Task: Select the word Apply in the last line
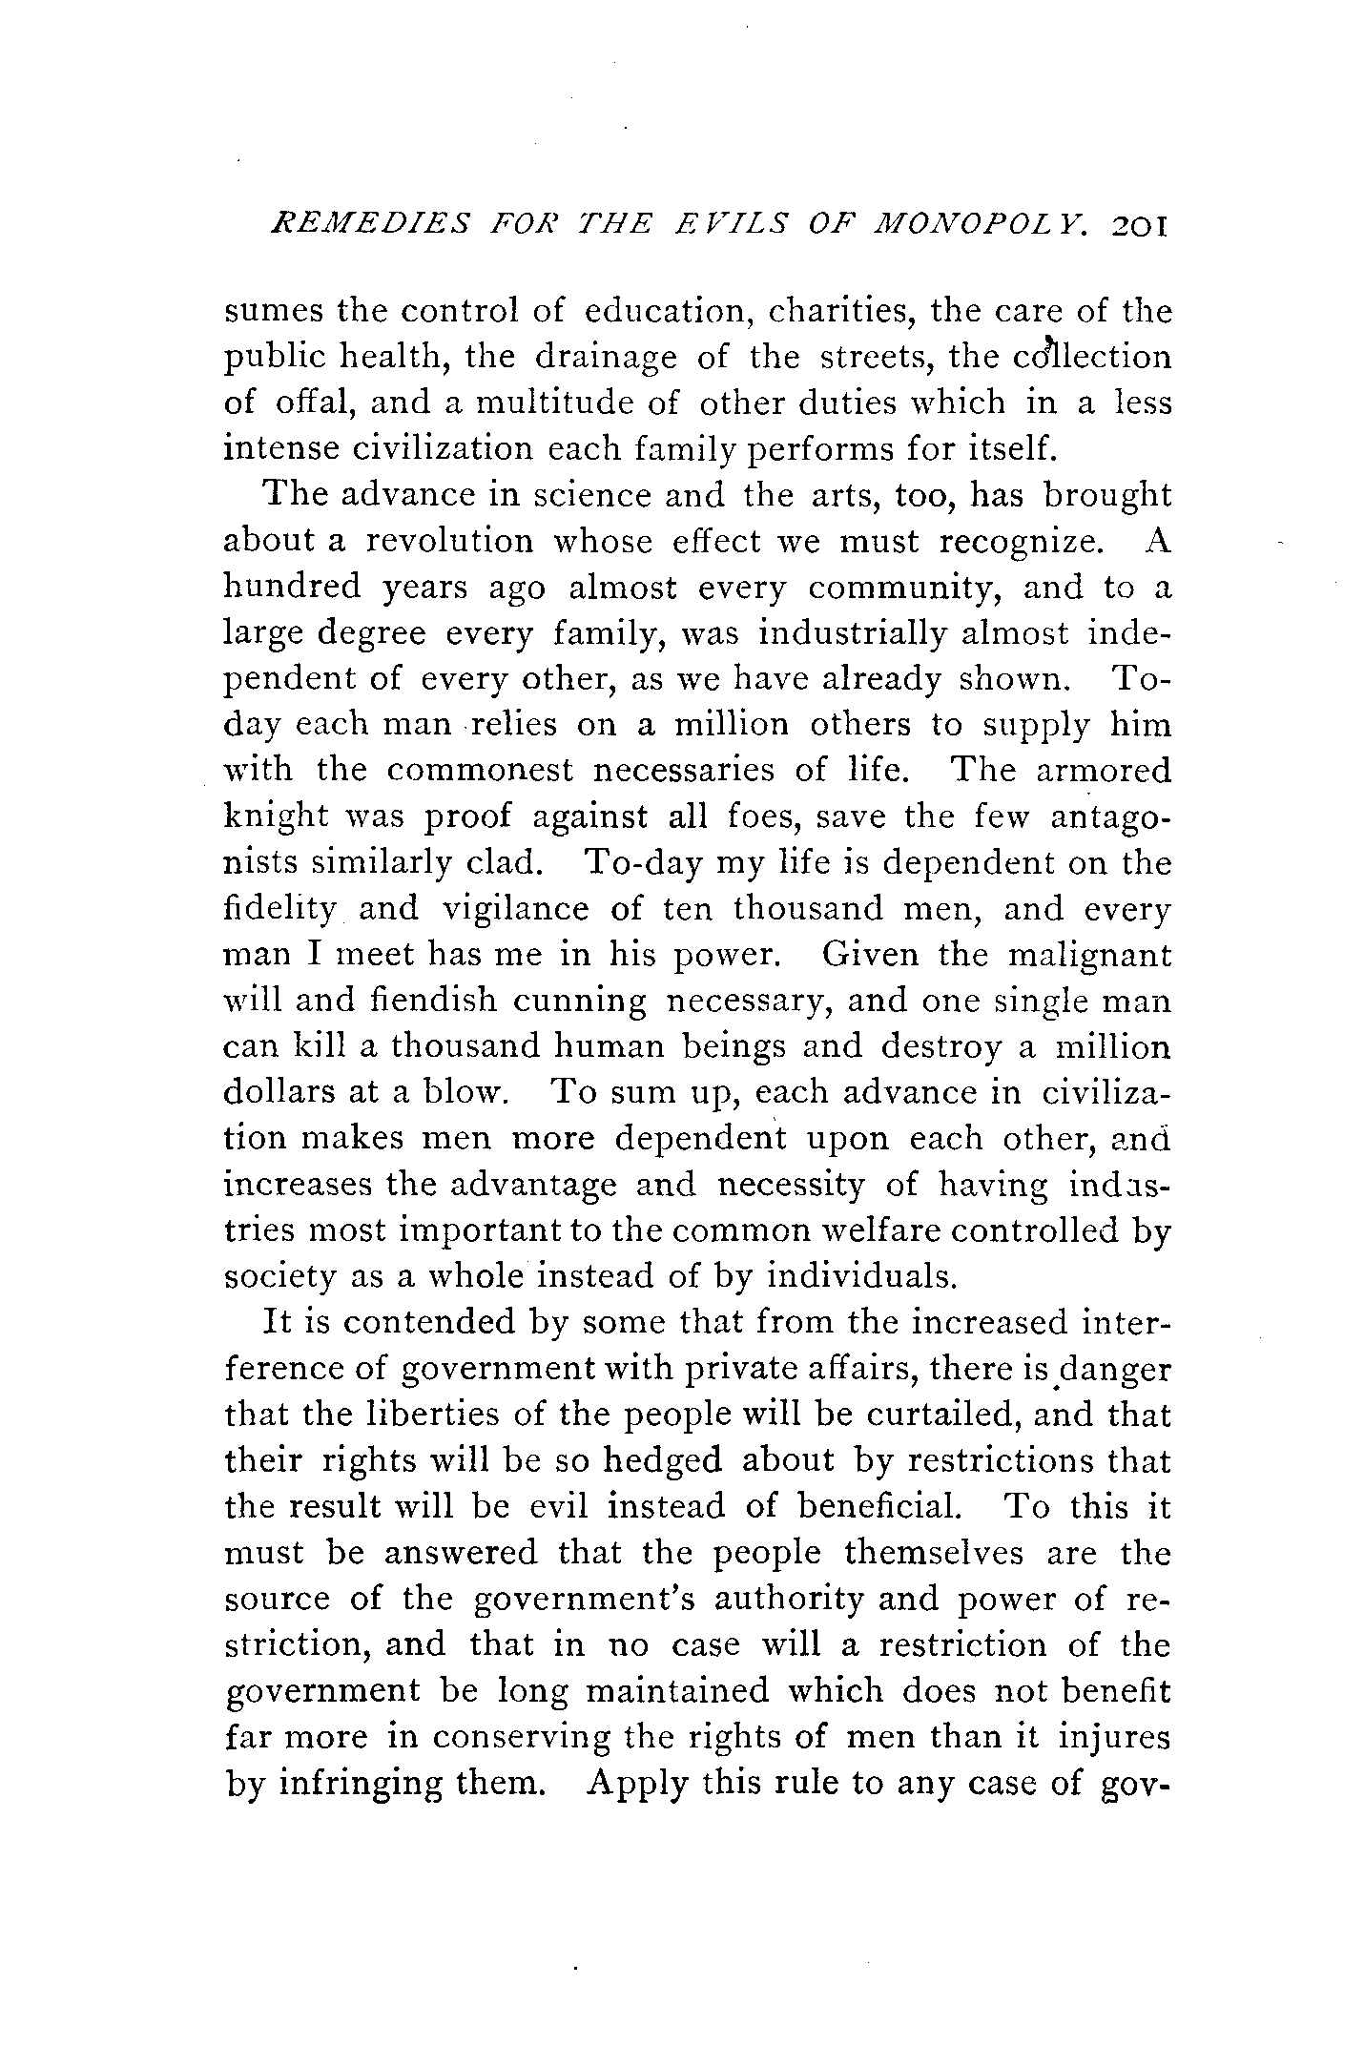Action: (x=636, y=1784)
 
